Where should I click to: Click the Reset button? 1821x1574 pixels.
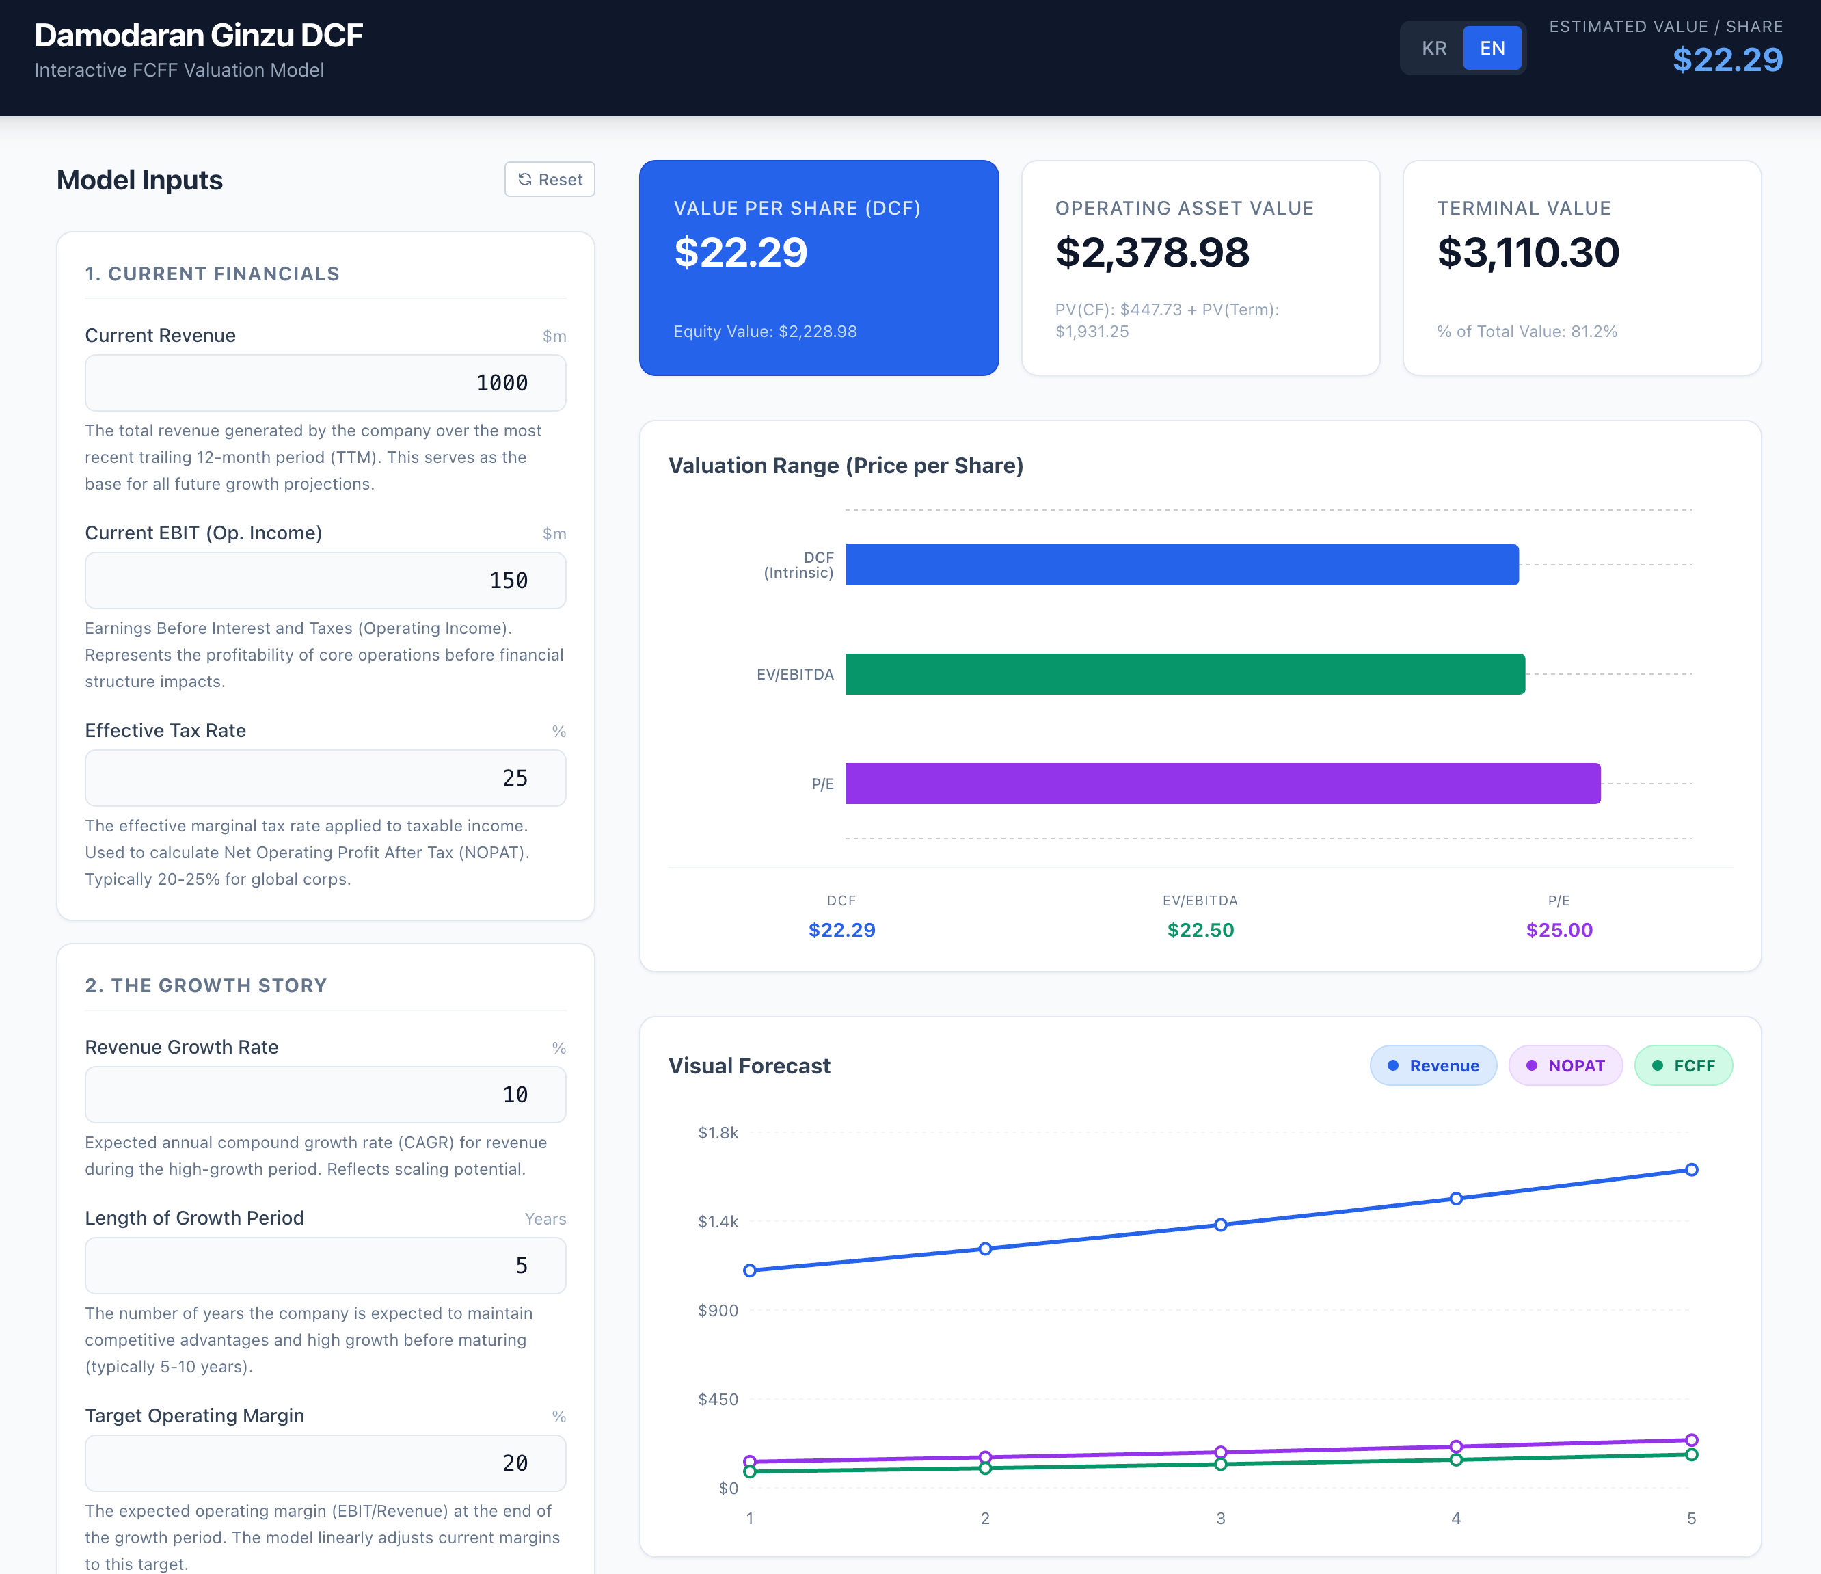coord(550,179)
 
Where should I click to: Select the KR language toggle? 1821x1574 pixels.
coord(1434,49)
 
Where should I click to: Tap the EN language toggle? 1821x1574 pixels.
coord(1492,49)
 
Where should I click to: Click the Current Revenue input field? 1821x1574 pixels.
coord(325,382)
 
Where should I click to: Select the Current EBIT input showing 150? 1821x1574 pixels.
coord(325,581)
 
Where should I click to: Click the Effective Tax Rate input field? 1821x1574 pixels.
coord(325,778)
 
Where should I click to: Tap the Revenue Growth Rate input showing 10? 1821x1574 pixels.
coord(325,1095)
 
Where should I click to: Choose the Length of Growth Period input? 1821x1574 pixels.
coord(325,1266)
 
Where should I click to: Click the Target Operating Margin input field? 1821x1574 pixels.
coord(325,1463)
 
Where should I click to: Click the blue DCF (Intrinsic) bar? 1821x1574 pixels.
coord(1182,565)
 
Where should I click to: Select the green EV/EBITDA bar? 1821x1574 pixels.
coord(1185,674)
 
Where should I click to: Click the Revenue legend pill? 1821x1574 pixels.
coord(1433,1066)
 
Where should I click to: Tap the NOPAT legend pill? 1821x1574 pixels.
coord(1565,1066)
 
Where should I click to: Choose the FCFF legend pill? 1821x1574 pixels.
coord(1683,1066)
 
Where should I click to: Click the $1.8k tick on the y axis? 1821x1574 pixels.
coord(718,1132)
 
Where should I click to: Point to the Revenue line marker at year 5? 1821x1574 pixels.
coord(1692,1169)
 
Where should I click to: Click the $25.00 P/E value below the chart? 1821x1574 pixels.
coord(1559,931)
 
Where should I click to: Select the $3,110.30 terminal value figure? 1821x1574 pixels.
coord(1528,252)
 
